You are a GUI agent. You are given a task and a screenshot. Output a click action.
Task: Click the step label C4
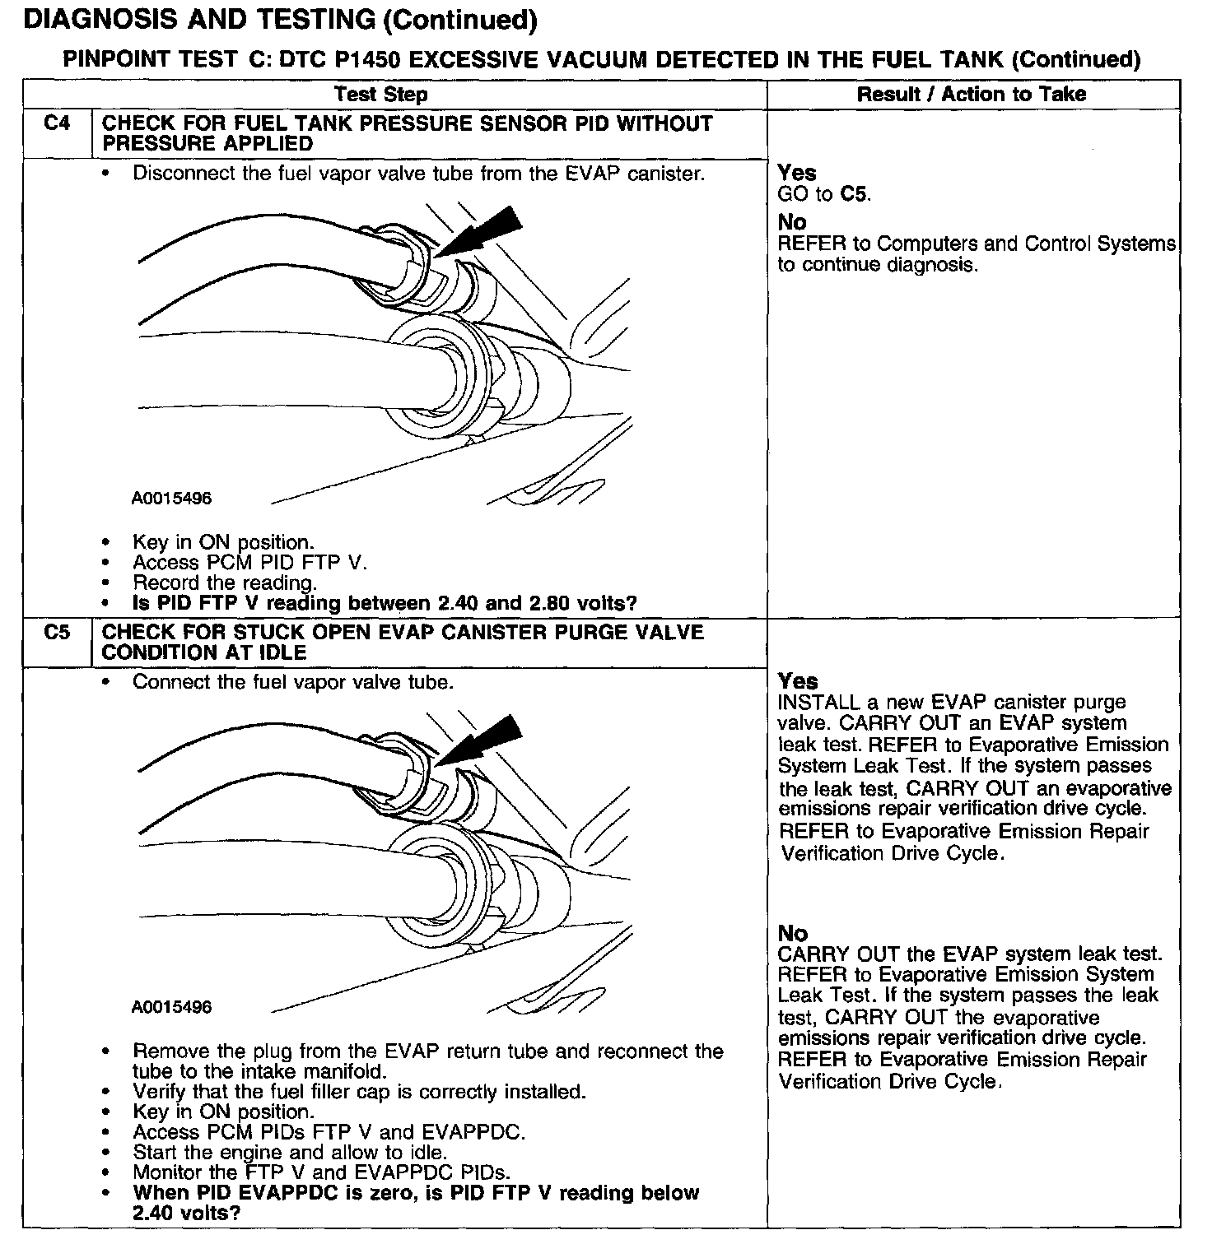[x=57, y=123]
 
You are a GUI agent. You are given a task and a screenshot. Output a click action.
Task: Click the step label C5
[x=57, y=633]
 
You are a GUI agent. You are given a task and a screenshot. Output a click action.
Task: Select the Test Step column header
[x=381, y=95]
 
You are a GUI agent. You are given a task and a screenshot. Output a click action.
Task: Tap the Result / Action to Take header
[x=972, y=95]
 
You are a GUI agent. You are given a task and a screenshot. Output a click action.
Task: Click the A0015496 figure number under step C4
[x=171, y=499]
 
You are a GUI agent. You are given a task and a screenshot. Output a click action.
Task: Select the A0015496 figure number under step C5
[x=171, y=1007]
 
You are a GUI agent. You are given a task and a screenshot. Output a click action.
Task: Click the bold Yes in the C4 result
[x=797, y=173]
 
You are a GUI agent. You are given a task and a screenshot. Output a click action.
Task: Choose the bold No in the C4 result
[x=792, y=222]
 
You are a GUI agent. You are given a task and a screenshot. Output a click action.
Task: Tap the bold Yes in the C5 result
[x=797, y=681]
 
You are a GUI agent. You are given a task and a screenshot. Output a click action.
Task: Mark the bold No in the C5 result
[x=792, y=933]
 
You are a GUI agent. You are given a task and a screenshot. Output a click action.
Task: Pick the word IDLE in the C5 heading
[x=280, y=652]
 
